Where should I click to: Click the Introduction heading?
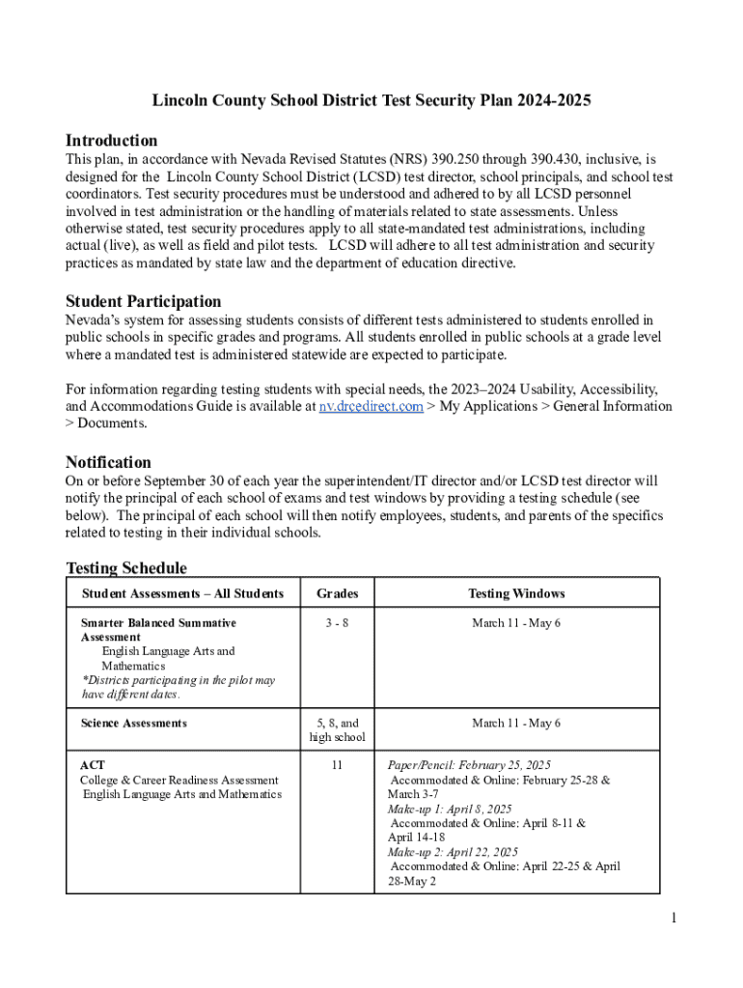pyautogui.click(x=111, y=140)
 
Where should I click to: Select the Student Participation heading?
pyautogui.click(x=143, y=301)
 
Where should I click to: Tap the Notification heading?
pyautogui.click(x=108, y=462)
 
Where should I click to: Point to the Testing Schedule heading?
pyautogui.click(x=126, y=568)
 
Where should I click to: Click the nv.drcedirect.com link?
pyautogui.click(x=371, y=406)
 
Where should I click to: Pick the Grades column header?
pyautogui.click(x=337, y=593)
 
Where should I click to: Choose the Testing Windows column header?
pyautogui.click(x=516, y=593)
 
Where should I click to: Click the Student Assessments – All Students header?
pyautogui.click(x=182, y=593)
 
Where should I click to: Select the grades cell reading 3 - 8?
pyautogui.click(x=337, y=623)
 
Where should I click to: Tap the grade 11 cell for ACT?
pyautogui.click(x=337, y=765)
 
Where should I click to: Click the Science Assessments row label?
pyautogui.click(x=134, y=723)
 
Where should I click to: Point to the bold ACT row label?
pyautogui.click(x=93, y=765)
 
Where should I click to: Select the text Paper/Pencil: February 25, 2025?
pyautogui.click(x=469, y=765)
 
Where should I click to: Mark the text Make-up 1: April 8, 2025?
pyautogui.click(x=450, y=809)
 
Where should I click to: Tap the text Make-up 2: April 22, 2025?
pyautogui.click(x=453, y=852)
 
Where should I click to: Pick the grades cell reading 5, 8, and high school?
pyautogui.click(x=337, y=730)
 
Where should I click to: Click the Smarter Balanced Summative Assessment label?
pyautogui.click(x=158, y=630)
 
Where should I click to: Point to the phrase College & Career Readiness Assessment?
pyautogui.click(x=179, y=780)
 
